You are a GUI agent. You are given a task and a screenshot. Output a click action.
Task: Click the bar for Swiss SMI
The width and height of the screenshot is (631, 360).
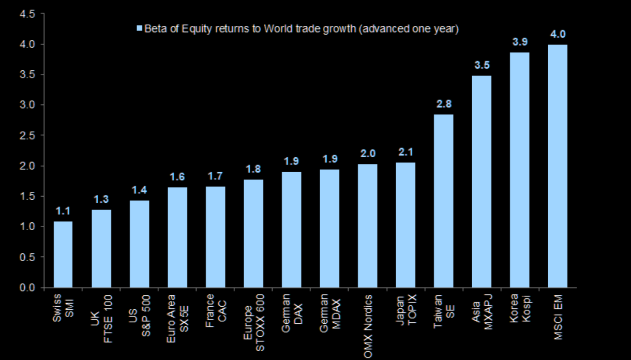click(63, 254)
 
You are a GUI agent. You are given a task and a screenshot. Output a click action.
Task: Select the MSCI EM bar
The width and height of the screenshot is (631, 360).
click(558, 166)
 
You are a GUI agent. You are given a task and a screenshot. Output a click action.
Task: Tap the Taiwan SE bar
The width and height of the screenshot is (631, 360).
click(443, 201)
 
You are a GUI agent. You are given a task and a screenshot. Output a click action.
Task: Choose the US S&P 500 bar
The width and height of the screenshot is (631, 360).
click(139, 244)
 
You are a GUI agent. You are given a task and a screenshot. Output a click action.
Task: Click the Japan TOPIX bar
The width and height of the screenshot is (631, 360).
click(405, 225)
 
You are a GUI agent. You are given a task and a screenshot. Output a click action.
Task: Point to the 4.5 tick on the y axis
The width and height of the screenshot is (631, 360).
click(27, 14)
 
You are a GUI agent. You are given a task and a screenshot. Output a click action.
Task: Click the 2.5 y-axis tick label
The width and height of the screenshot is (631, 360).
click(27, 136)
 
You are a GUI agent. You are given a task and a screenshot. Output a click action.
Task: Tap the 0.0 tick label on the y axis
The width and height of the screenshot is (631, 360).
click(27, 288)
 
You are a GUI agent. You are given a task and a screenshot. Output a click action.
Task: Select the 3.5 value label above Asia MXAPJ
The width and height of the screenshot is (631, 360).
click(482, 66)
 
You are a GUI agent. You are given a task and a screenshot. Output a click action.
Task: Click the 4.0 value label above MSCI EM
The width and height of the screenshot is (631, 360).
click(558, 35)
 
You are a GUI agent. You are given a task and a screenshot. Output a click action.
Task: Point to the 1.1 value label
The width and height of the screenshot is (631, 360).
click(63, 211)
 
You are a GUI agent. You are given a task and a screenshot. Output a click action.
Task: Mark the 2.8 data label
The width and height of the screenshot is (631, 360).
click(443, 104)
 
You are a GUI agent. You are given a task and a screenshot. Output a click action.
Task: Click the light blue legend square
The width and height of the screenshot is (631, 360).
click(139, 29)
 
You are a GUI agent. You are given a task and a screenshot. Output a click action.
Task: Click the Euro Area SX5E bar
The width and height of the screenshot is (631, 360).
click(177, 237)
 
